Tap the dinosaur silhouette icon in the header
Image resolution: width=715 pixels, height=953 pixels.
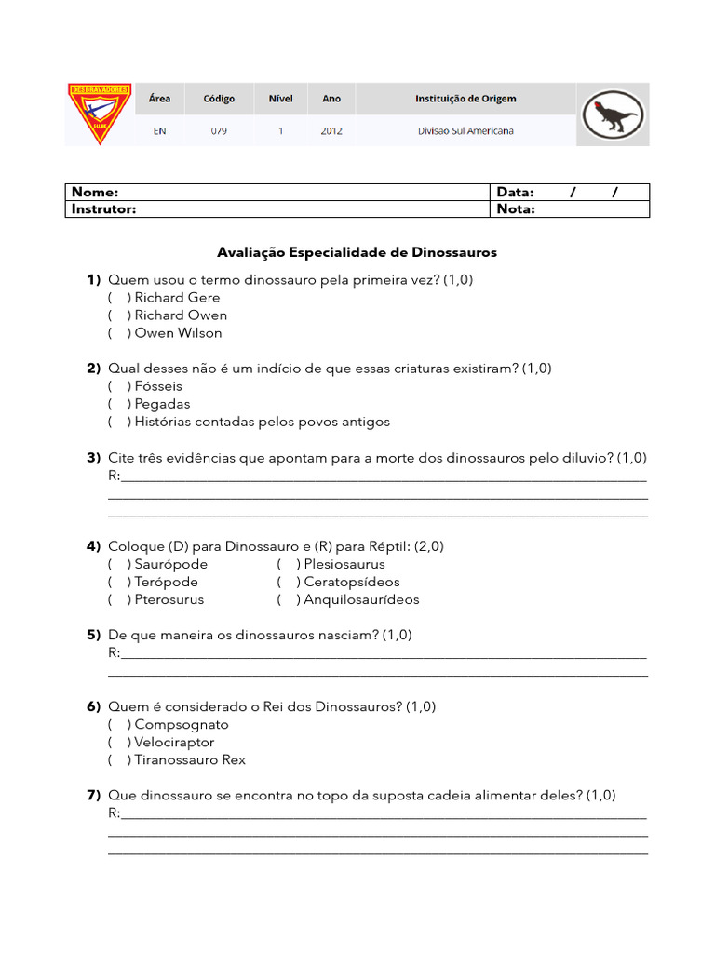612,114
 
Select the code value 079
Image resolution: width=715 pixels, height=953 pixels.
219,131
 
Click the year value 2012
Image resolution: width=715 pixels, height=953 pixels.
331,131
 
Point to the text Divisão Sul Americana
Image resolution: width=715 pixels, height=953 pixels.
465,131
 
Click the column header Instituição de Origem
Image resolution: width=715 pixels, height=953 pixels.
465,99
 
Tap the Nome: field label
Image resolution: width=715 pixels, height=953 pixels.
95,193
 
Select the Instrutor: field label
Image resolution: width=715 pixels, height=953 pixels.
104,209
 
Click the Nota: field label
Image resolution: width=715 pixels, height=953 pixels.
516,209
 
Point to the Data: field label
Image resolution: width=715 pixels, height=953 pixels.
516,193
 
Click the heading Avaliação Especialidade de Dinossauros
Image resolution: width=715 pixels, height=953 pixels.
357,252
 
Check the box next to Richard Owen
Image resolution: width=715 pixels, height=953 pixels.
118,315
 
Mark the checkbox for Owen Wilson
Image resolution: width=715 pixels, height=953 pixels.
118,333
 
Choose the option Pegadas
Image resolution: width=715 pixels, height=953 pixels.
162,405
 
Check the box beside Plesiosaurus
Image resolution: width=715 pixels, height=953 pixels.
288,565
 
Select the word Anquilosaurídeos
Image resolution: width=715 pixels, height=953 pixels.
361,600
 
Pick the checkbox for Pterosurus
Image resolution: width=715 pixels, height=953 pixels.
118,600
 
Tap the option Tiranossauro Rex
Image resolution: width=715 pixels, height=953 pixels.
190,760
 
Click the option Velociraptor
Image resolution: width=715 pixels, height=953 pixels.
174,743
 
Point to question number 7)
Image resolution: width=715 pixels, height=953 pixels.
93,796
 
